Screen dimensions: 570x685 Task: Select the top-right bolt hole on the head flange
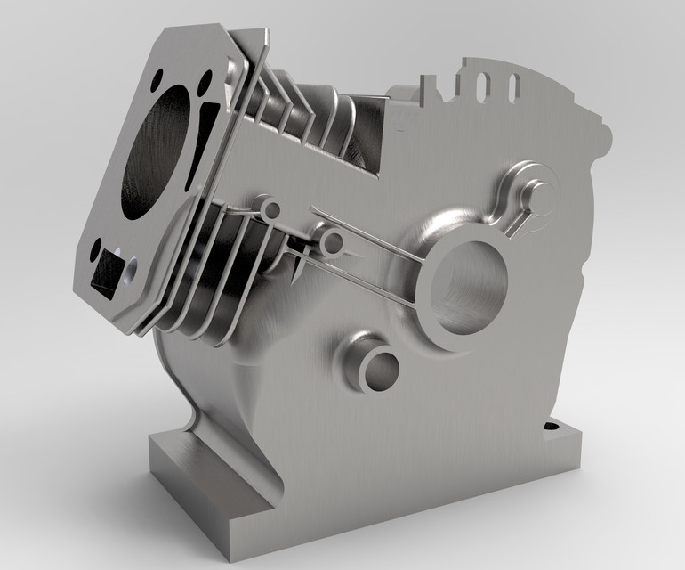pos(205,85)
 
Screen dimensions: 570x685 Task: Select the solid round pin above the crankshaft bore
pos(536,193)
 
